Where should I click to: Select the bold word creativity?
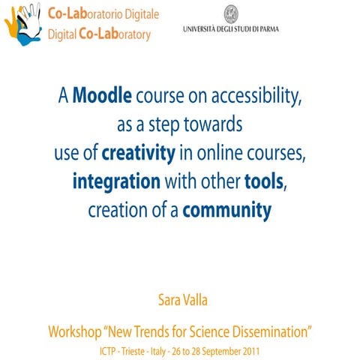[x=138, y=154]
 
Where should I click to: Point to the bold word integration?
[x=116, y=182]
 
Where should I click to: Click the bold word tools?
[x=265, y=182]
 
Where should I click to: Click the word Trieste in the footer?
[x=136, y=350]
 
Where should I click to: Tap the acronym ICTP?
[x=109, y=350]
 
